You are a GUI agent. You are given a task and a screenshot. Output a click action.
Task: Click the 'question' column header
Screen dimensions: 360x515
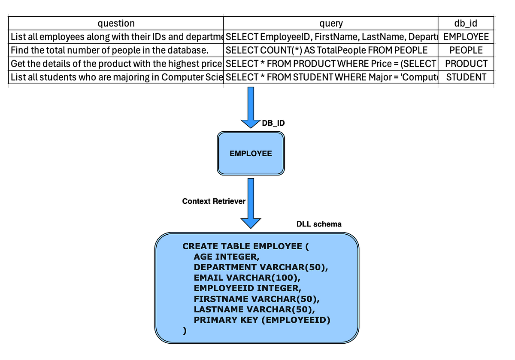(116, 23)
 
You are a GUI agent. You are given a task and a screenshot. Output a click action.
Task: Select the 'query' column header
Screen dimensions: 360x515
(331, 23)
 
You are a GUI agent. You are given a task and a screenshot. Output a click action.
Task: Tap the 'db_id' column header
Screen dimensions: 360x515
(466, 23)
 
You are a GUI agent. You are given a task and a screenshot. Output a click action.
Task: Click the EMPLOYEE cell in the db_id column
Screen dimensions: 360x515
(466, 37)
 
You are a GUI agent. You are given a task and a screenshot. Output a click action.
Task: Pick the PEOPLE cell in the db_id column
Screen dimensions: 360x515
(466, 50)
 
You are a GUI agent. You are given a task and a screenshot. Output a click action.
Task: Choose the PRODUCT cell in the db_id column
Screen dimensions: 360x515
(466, 64)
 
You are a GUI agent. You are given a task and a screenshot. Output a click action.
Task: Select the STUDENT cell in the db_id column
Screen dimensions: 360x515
(466, 77)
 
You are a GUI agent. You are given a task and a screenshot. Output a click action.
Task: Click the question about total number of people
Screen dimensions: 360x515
(110, 50)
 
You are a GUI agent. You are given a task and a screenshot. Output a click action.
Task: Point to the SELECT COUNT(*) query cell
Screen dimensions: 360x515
(327, 50)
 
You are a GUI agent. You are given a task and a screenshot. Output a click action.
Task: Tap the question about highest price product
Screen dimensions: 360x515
(116, 64)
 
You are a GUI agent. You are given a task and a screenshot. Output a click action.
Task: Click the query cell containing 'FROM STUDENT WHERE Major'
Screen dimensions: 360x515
(331, 77)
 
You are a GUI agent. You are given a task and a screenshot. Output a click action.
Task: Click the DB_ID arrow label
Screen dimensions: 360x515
(273, 123)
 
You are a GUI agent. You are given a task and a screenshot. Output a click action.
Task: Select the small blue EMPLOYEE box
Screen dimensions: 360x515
(251, 154)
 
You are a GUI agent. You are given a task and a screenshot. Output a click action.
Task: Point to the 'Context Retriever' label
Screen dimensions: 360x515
(214, 201)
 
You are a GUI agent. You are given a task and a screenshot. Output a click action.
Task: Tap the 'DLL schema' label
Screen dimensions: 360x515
(319, 224)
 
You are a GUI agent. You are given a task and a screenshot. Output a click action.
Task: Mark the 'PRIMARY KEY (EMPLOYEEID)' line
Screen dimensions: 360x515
(262, 320)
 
